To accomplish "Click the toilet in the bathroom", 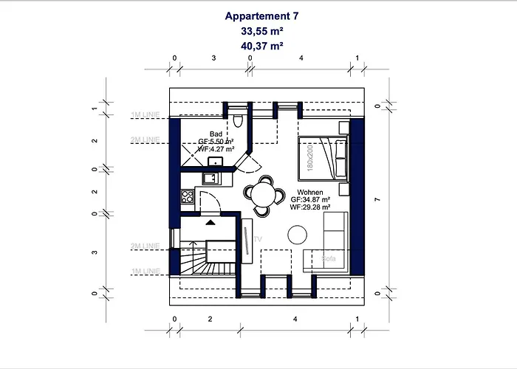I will click(x=236, y=121).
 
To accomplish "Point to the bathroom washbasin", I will click(x=216, y=162).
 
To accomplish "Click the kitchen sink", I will click(x=210, y=178).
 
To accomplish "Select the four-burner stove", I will click(x=188, y=196).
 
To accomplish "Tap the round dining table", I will click(x=264, y=195).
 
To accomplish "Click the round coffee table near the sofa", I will click(x=298, y=235).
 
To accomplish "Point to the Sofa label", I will click(x=329, y=258).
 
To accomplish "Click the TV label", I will click(x=258, y=239).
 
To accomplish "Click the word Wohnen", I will click(x=309, y=192).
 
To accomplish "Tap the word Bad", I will click(x=216, y=134).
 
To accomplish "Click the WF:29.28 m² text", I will click(x=310, y=207).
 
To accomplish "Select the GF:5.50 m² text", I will click(x=216, y=141).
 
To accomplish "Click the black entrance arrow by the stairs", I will click(x=210, y=221).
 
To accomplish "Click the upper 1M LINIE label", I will click(x=145, y=115).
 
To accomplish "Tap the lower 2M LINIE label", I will click(x=145, y=244).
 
